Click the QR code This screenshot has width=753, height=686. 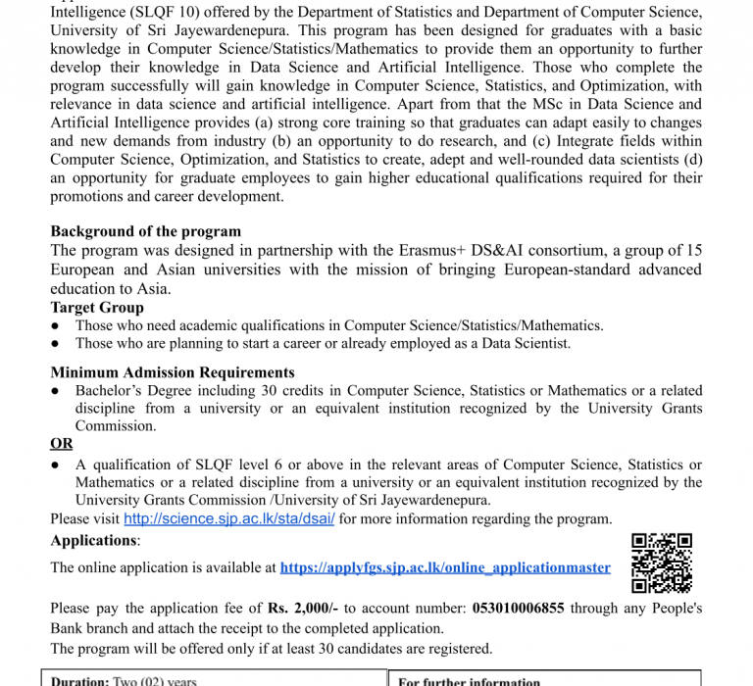pos(662,563)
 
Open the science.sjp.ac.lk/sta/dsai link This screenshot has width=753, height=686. pos(229,519)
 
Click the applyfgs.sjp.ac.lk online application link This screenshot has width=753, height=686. pos(445,567)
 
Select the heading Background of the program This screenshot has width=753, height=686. pos(145,232)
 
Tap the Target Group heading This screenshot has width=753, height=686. pos(96,308)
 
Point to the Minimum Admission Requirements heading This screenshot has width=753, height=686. pos(173,372)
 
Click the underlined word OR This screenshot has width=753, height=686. pos(62,444)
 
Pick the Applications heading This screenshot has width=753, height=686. pos(94,541)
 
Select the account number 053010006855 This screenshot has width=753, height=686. pos(519,609)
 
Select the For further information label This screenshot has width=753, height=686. pos(469,681)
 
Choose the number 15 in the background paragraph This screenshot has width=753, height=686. pos(692,251)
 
